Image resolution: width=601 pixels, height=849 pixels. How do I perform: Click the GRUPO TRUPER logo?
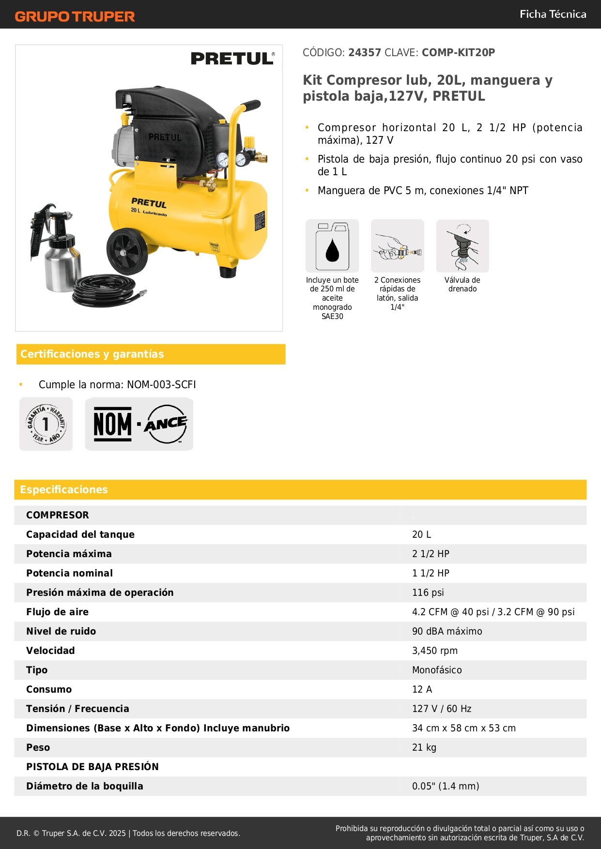(75, 16)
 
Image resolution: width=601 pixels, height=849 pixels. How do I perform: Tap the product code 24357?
(364, 53)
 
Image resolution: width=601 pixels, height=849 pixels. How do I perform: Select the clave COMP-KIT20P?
(458, 53)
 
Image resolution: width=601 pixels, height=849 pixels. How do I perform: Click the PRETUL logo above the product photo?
(232, 59)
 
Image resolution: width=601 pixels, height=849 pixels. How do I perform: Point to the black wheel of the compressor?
(127, 252)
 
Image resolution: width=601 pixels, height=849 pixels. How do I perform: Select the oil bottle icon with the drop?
(332, 246)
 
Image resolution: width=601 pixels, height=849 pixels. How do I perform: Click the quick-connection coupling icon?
(398, 246)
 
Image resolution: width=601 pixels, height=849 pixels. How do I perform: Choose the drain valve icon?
(462, 246)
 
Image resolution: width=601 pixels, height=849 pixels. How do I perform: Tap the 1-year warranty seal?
(46, 424)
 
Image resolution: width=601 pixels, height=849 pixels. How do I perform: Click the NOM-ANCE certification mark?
(139, 424)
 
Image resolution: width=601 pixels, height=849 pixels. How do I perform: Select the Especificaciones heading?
(64, 490)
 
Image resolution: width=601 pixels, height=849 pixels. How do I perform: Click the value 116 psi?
(428, 592)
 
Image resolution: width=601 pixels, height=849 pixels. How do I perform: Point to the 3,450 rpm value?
(435, 651)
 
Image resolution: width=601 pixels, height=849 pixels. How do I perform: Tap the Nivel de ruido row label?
(61, 631)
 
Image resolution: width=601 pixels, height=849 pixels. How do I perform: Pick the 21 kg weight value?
(424, 747)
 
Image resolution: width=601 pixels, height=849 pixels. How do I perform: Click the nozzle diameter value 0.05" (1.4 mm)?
(446, 786)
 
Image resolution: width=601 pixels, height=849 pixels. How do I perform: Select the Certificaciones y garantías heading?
(92, 354)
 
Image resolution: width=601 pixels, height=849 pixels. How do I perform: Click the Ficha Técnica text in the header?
(553, 14)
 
